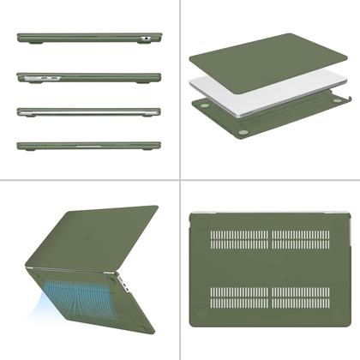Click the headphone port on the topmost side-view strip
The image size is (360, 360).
pyautogui.click(x=147, y=39)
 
